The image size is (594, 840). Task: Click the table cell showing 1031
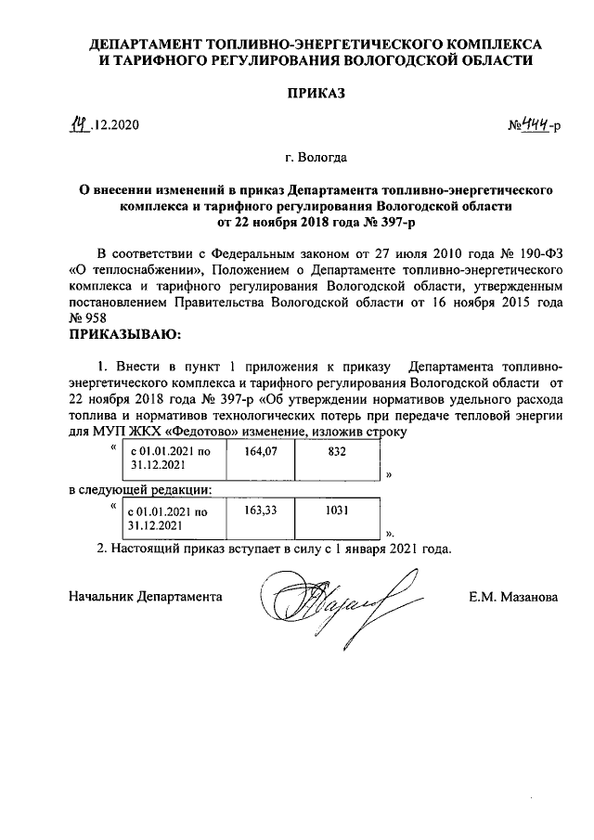336,510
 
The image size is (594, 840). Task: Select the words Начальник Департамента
146,598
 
